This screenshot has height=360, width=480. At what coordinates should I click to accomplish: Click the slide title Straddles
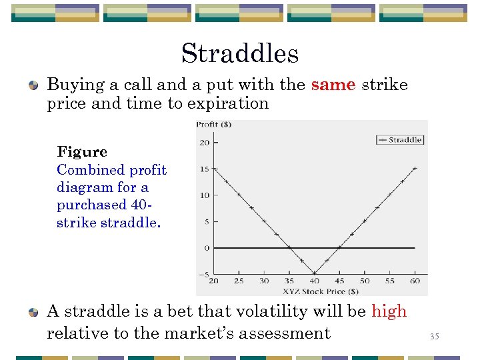(239, 53)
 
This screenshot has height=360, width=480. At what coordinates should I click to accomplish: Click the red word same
(333, 85)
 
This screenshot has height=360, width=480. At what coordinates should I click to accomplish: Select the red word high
(389, 311)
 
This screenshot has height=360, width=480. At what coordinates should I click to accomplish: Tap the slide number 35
(435, 337)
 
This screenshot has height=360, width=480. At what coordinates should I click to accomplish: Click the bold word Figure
(82, 151)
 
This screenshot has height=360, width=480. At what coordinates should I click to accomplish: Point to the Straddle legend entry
(400, 139)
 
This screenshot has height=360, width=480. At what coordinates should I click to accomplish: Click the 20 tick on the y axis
(205, 142)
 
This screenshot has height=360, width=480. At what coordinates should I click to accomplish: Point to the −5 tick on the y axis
(203, 274)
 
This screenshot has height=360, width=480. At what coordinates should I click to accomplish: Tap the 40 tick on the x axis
(315, 281)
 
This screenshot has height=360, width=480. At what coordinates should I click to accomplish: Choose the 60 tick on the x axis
(415, 281)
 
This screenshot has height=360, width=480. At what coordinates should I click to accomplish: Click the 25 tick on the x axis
(239, 281)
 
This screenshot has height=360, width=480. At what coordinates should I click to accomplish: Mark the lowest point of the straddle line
(315, 273)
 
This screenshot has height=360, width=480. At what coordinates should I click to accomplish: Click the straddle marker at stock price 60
(415, 169)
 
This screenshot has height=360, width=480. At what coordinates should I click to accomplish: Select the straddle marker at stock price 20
(214, 169)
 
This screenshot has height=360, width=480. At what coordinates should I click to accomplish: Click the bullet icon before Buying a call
(33, 85)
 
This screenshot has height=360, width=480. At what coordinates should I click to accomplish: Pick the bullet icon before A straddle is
(33, 312)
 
